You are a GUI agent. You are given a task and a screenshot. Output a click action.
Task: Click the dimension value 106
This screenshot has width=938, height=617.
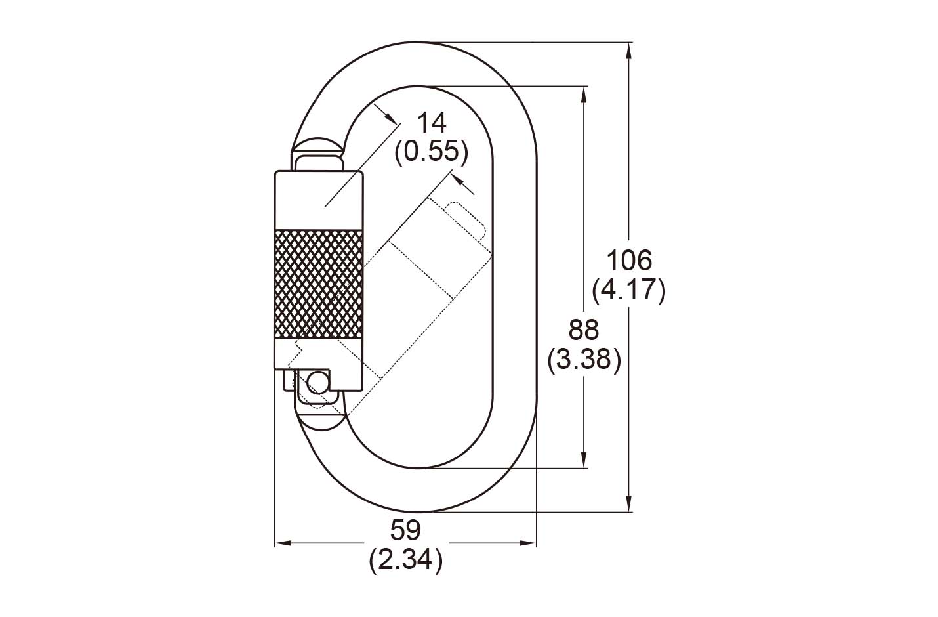629,261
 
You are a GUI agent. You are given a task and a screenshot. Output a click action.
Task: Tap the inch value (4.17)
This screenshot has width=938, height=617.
629,290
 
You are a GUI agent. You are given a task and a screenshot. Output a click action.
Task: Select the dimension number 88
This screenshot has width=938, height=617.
584,330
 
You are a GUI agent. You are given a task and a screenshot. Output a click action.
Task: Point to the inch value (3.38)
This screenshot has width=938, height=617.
584,360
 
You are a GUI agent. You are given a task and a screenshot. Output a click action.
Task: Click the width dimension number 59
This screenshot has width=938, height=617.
405,530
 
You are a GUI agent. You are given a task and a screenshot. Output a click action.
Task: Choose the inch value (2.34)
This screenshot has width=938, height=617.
405,560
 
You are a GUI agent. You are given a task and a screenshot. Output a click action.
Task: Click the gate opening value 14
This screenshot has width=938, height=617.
432,123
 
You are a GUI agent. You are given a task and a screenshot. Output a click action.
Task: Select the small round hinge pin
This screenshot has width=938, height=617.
317,381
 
